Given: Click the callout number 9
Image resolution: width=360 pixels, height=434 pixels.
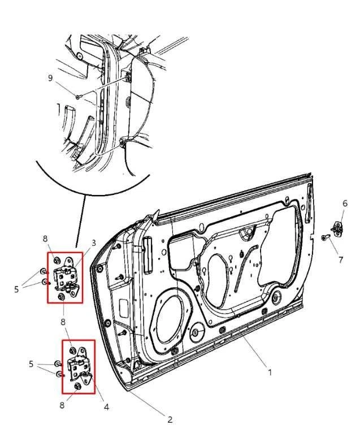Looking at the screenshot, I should [x=50, y=78].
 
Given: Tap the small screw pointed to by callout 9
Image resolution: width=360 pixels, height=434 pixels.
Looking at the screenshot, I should [x=78, y=97].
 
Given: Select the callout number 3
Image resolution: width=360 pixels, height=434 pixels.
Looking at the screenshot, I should [x=94, y=243].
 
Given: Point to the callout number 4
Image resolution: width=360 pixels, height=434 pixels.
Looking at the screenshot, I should [x=106, y=406].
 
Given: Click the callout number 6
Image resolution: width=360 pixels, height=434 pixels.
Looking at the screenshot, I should [x=345, y=203].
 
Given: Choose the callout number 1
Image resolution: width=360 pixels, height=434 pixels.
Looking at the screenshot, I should [x=270, y=372].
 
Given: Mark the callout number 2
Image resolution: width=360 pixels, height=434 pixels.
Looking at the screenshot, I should [x=170, y=419].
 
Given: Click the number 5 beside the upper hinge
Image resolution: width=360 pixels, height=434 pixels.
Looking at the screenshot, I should [x=17, y=289].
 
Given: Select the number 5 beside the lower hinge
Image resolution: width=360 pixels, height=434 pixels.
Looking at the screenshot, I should [x=32, y=364].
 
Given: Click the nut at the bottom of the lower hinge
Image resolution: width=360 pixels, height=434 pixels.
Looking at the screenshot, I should [x=77, y=386].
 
